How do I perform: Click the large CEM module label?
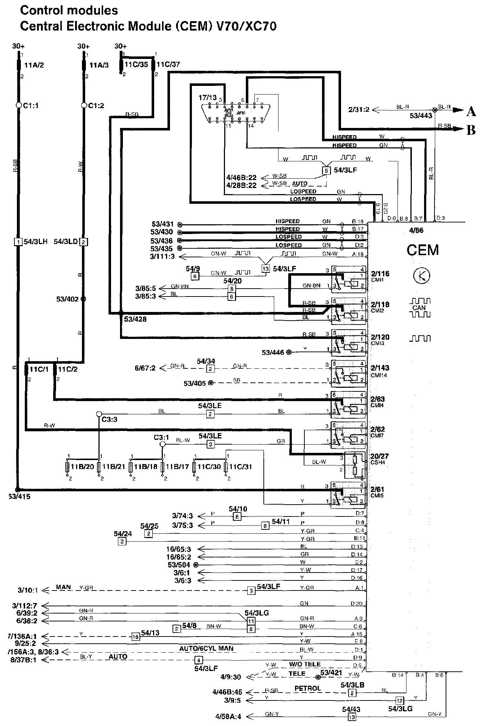coord(423,250)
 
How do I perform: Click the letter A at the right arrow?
coord(471,112)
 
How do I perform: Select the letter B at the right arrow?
coord(471,130)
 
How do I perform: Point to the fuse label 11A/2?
coord(34,65)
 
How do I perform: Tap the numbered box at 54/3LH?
coord(18,242)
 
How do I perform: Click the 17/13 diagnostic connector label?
coord(208,97)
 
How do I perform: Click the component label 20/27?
coord(380,456)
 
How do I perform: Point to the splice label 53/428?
coord(135,319)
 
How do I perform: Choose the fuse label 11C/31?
coord(240,467)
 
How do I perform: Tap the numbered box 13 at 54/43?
coord(352,717)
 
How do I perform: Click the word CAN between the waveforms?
coord(419,308)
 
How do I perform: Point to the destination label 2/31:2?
coord(359,109)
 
